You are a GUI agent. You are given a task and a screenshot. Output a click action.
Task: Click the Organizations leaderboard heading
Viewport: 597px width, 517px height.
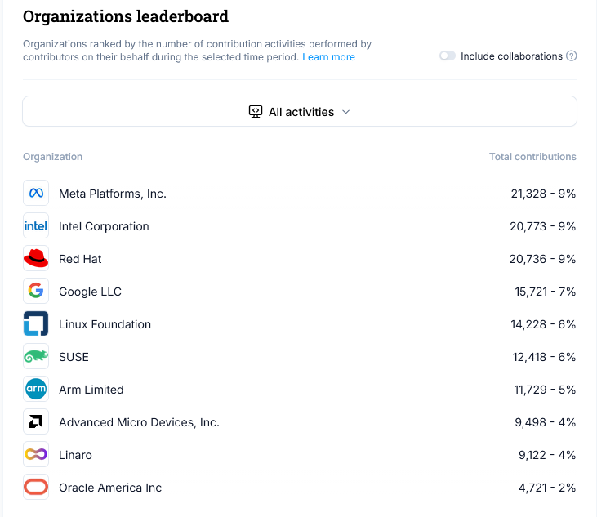126,16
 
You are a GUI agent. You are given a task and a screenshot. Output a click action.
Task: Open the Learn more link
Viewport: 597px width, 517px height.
328,57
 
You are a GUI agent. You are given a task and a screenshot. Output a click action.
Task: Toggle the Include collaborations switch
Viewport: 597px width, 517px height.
447,56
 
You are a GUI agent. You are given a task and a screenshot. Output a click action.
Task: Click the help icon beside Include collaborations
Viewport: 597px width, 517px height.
572,56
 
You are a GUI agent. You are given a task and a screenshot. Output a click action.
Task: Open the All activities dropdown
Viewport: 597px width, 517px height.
299,112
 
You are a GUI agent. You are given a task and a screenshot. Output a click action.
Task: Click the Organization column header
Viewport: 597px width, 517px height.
52,157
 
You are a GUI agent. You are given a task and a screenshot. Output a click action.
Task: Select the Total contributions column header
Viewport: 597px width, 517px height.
532,157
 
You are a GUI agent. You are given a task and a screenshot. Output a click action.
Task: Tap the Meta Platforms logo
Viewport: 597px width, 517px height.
36,194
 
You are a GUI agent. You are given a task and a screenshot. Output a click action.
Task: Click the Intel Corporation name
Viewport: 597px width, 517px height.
104,226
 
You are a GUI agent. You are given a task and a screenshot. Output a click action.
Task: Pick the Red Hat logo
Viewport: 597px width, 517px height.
36,259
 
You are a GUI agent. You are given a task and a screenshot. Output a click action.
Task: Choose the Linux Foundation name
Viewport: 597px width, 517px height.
105,324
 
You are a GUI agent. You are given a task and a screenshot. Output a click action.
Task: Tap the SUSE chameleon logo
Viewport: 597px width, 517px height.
36,357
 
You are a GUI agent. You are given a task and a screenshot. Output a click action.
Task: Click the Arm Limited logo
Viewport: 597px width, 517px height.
36,390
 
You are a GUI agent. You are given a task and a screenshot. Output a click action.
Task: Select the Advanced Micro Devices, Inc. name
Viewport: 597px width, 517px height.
139,422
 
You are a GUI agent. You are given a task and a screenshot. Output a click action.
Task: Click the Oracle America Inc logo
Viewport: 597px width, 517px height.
36,488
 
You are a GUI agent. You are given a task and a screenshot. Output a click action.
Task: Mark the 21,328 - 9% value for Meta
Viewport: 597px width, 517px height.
543,194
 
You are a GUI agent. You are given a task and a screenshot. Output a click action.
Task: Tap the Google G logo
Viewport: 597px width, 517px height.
36,292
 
